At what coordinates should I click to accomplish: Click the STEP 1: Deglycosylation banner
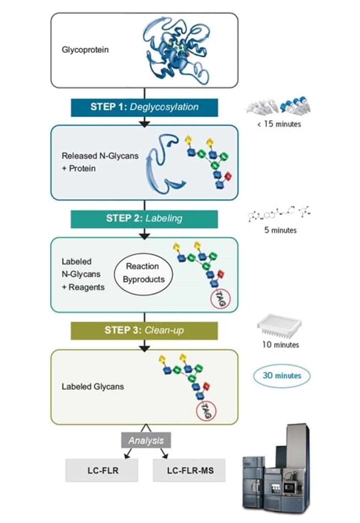click(x=144, y=107)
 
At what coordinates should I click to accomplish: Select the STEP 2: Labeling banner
click(x=144, y=219)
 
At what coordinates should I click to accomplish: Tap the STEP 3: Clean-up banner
click(x=144, y=330)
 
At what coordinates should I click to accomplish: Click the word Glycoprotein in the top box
click(x=85, y=50)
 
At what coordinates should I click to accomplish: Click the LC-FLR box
click(x=102, y=470)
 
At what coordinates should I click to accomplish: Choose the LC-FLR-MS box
click(x=189, y=470)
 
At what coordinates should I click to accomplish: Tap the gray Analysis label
click(x=146, y=440)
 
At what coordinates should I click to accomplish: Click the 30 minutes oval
click(x=282, y=376)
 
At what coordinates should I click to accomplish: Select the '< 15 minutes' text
click(x=279, y=124)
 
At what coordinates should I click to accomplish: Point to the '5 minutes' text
click(x=280, y=230)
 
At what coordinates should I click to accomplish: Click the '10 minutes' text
click(x=280, y=345)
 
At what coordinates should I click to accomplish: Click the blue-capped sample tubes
click(x=296, y=105)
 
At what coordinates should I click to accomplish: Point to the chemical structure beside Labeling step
click(x=279, y=214)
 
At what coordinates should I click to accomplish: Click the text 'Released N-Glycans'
click(x=100, y=156)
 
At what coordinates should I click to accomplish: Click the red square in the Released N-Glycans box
click(x=228, y=176)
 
